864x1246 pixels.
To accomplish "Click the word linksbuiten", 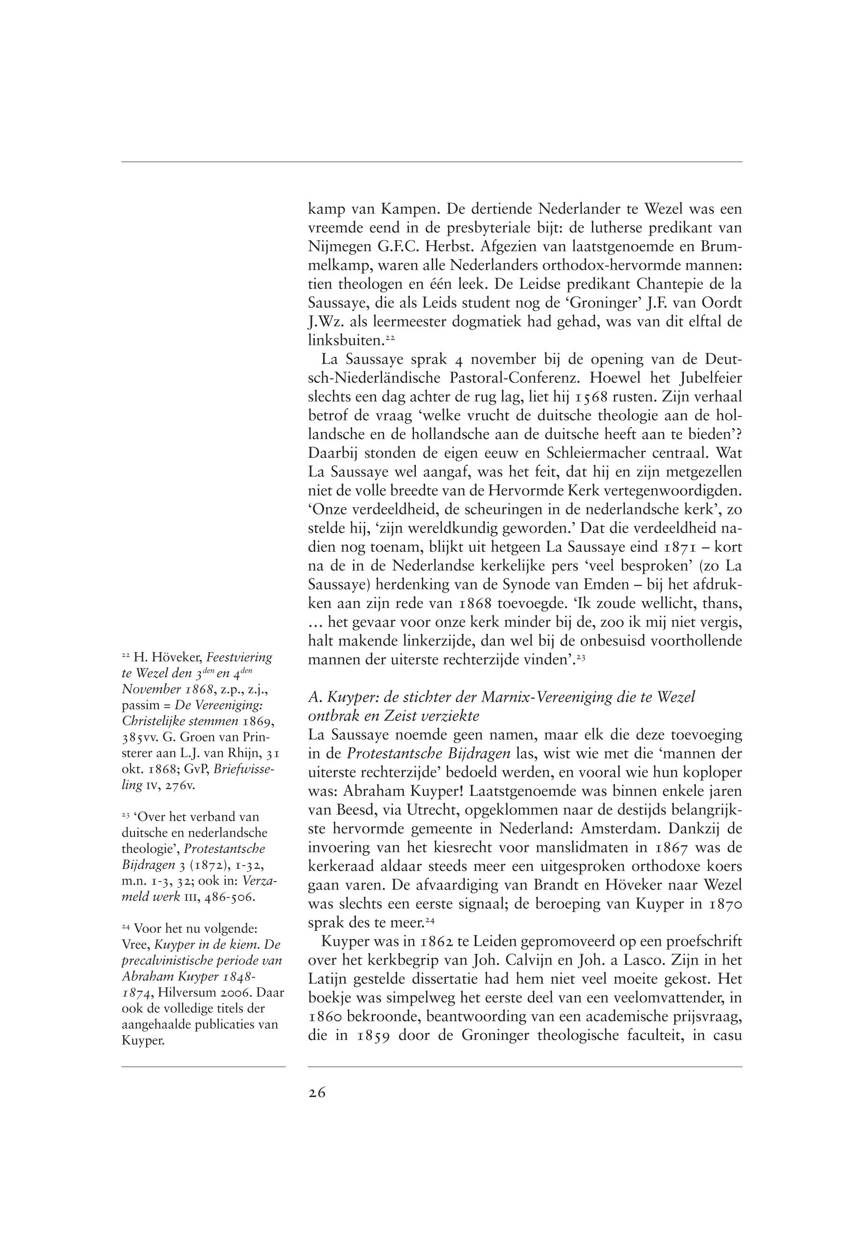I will pos(346,341).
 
